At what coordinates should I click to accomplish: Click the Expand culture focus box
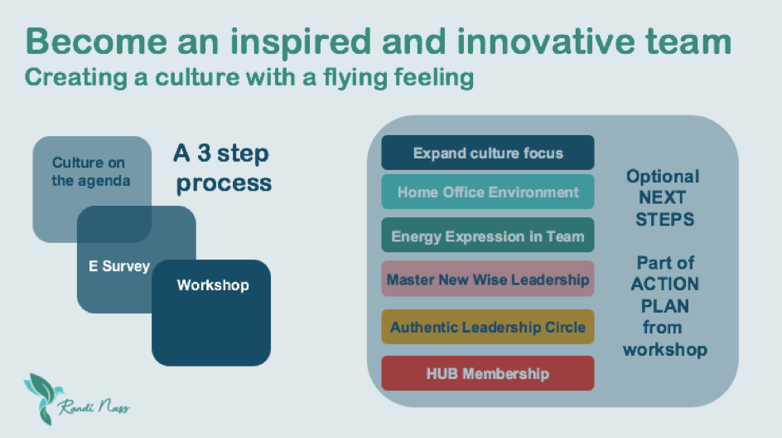[x=488, y=153]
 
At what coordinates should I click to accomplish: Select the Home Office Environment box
[x=488, y=192]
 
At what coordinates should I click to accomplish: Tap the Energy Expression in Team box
[x=488, y=236]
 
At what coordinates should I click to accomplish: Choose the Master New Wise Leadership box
[x=488, y=279]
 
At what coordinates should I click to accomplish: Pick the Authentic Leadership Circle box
[x=488, y=327]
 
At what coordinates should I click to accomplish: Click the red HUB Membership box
[x=488, y=373]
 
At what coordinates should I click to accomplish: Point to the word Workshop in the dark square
[x=213, y=285]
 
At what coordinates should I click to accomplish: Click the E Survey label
[x=119, y=266]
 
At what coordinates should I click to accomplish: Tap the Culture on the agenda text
[x=90, y=172]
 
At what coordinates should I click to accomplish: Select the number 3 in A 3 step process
[x=204, y=153]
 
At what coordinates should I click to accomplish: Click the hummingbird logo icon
[x=43, y=398]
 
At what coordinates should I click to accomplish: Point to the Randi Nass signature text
[x=94, y=406]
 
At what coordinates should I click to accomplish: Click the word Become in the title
[x=96, y=41]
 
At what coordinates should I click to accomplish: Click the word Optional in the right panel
[x=663, y=178]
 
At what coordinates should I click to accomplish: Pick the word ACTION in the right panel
[x=665, y=284]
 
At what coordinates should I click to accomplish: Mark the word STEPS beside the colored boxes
[x=665, y=219]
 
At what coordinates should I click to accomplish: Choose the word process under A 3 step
[x=224, y=184]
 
